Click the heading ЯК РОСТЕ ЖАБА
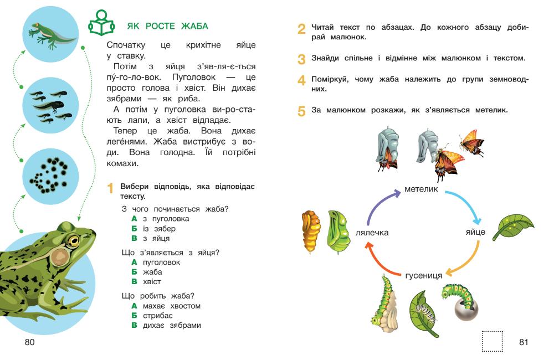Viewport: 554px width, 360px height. tap(167, 26)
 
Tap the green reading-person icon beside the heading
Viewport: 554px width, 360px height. tap(101, 24)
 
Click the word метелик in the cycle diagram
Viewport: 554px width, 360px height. tap(421, 189)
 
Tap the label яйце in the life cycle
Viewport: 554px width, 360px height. tap(475, 232)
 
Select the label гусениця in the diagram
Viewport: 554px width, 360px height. tap(423, 275)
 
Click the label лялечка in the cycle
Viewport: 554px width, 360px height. tap(372, 233)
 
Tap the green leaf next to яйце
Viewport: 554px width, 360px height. tap(512, 226)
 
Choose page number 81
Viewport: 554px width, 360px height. tap(524, 342)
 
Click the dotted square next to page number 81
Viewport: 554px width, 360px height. tap(492, 341)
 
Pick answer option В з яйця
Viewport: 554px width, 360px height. tap(151, 238)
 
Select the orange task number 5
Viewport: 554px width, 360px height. tap(301, 111)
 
